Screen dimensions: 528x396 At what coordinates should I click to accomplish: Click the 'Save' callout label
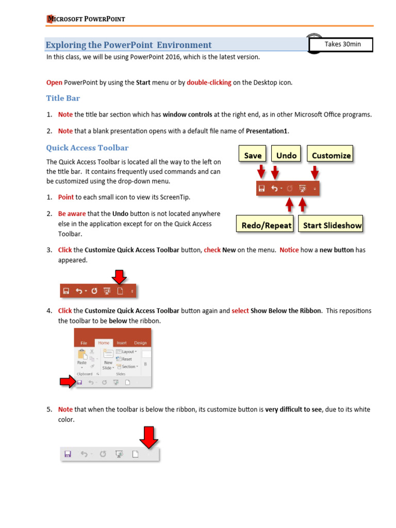[x=252, y=155]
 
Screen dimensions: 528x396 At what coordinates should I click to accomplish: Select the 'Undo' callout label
[x=286, y=155]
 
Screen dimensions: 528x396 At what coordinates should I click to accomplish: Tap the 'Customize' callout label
[x=331, y=155]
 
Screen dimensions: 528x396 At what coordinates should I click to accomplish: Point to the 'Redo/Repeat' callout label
[x=267, y=225]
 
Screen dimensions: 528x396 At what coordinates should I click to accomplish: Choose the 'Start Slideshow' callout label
[x=332, y=225]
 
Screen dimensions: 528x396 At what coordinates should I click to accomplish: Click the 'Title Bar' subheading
[x=63, y=98]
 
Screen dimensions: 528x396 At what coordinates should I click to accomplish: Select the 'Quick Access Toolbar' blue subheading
[x=87, y=148]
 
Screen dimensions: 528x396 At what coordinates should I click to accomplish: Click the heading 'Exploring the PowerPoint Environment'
[x=128, y=45]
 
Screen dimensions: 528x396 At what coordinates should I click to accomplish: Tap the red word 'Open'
[x=54, y=82]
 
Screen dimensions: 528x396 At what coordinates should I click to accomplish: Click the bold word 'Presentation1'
[x=267, y=131]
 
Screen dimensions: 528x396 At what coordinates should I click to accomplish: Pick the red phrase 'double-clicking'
[x=209, y=82]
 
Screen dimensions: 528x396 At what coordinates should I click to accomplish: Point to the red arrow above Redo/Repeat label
[x=289, y=205]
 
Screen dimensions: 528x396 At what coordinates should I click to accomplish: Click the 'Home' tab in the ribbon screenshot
[x=104, y=343]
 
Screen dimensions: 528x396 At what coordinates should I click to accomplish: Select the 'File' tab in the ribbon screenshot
[x=84, y=343]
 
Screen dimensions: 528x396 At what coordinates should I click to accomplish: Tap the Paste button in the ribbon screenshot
[x=81, y=358]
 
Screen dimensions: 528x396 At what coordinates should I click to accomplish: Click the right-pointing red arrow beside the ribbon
[x=67, y=382]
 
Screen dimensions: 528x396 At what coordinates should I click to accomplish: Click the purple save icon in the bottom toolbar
[x=67, y=454]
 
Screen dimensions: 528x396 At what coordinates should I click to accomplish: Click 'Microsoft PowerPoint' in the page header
[x=86, y=20]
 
